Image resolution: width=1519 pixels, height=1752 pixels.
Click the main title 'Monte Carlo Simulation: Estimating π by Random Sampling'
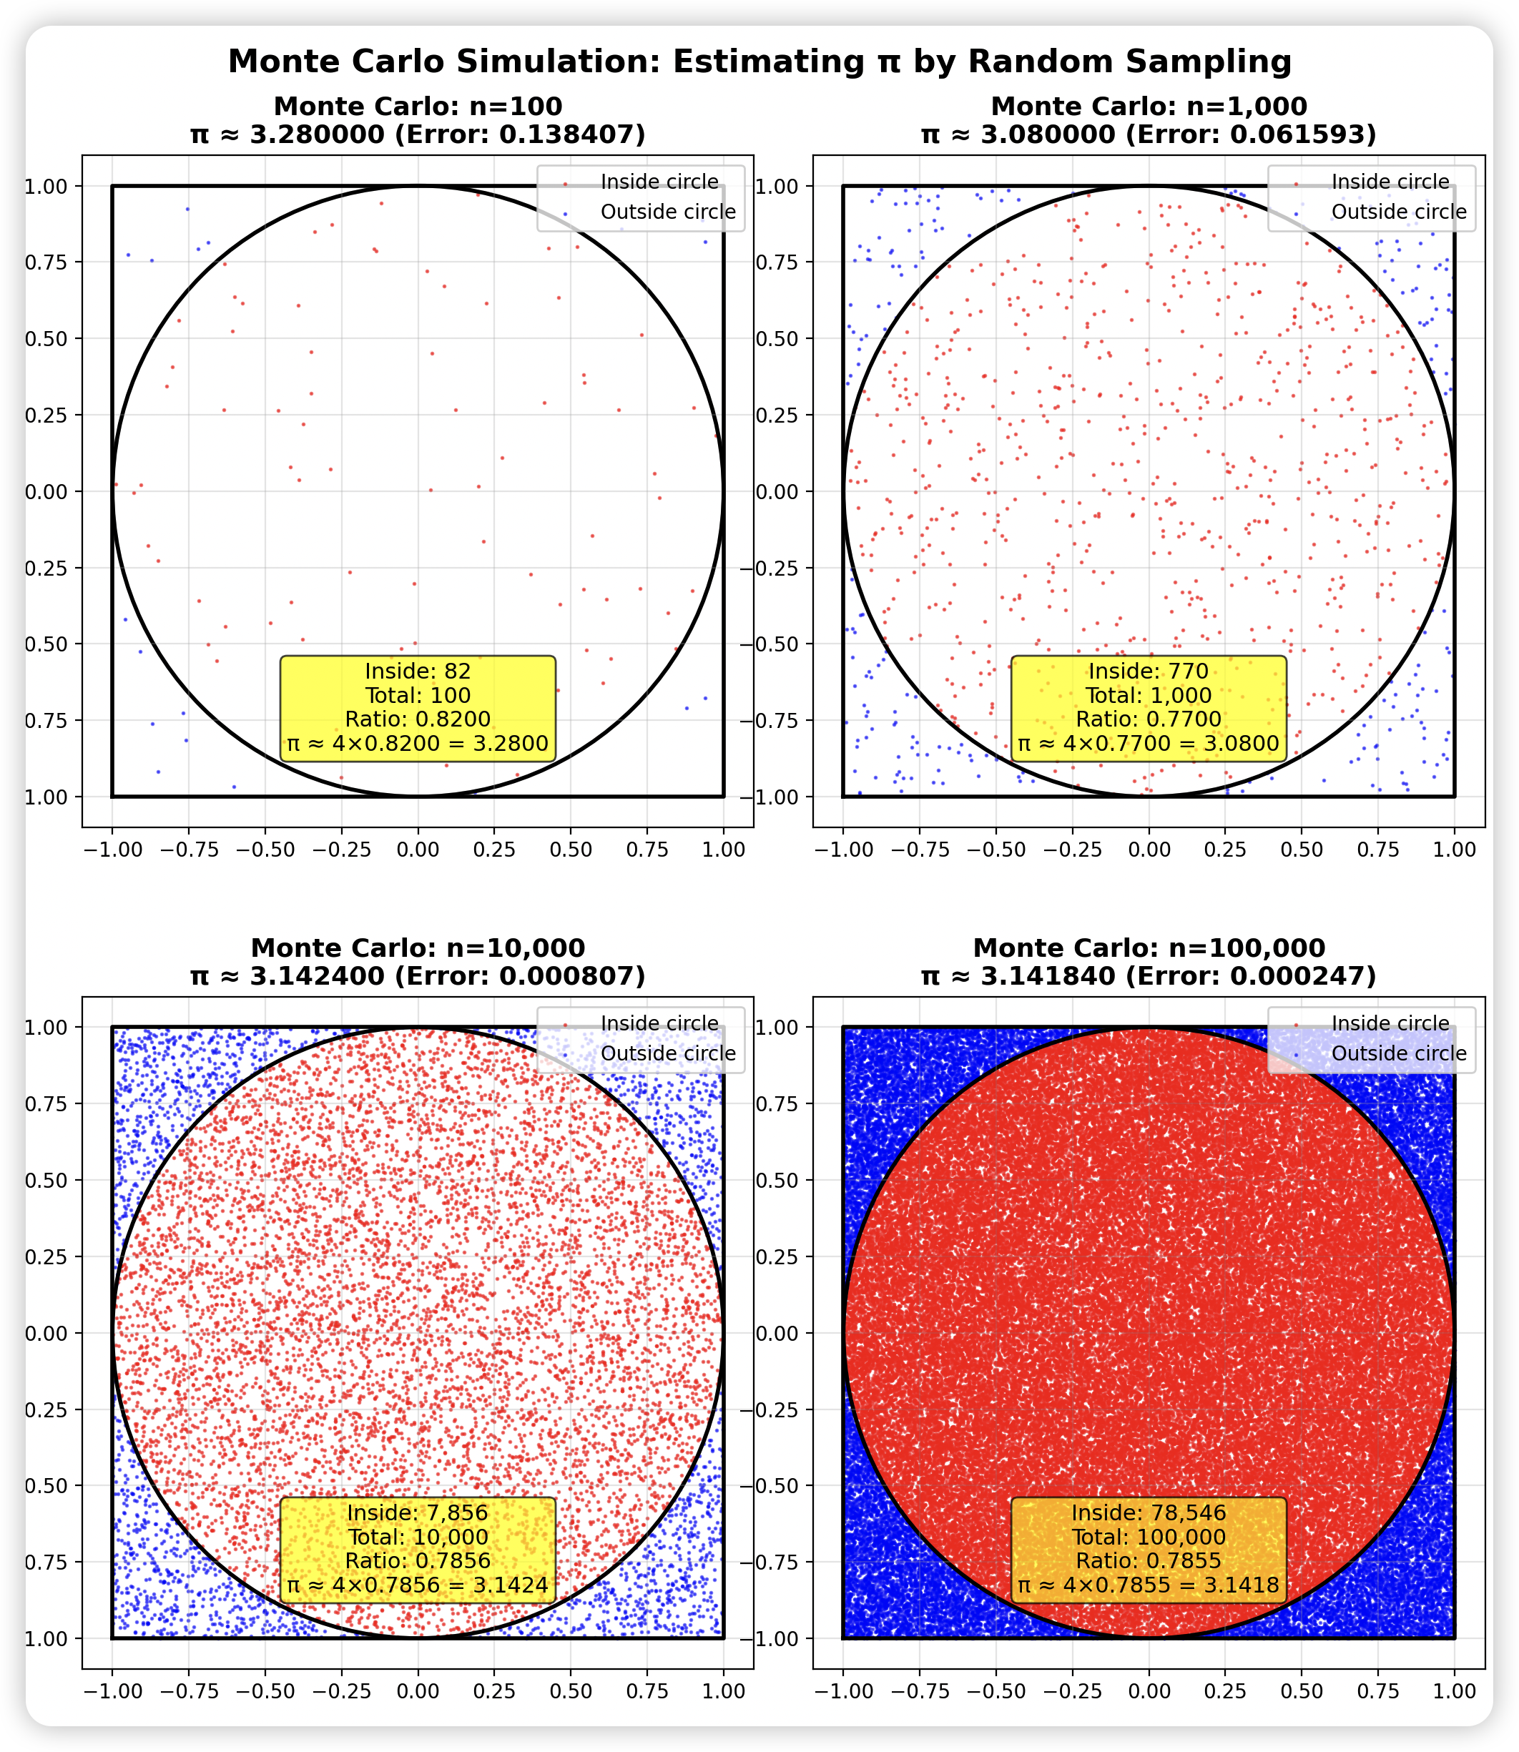pyautogui.click(x=759, y=62)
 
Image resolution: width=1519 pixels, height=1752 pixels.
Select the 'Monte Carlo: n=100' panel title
pyautogui.click(x=418, y=107)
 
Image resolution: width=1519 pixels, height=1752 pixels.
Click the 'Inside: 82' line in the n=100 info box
pyautogui.click(x=418, y=671)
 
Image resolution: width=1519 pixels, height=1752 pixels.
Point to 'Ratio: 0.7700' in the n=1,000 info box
pyautogui.click(x=1149, y=719)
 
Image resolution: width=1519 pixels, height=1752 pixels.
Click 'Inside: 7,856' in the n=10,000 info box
pyautogui.click(x=418, y=1513)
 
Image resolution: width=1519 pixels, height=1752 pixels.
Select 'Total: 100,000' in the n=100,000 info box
pyautogui.click(x=1149, y=1537)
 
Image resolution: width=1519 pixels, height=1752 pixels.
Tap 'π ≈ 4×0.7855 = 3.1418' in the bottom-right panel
pyautogui.click(x=1149, y=1585)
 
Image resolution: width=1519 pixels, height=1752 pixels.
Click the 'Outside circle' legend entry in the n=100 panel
pyautogui.click(x=668, y=212)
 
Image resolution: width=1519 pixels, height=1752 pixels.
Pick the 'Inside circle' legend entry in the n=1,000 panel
pyautogui.click(x=1390, y=182)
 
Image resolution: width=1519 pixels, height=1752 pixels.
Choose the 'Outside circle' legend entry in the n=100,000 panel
pyautogui.click(x=1399, y=1053)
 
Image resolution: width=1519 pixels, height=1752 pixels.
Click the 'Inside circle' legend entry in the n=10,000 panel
pyautogui.click(x=659, y=1024)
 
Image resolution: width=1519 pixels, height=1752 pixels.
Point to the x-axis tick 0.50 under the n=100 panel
pyautogui.click(x=571, y=850)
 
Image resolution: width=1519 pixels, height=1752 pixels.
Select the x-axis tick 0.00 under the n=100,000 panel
pyautogui.click(x=1149, y=1692)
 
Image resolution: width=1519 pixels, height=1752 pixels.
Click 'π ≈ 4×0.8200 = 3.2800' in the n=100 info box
pyautogui.click(x=418, y=744)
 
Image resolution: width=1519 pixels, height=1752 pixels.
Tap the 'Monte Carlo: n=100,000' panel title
pyautogui.click(x=1149, y=948)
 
